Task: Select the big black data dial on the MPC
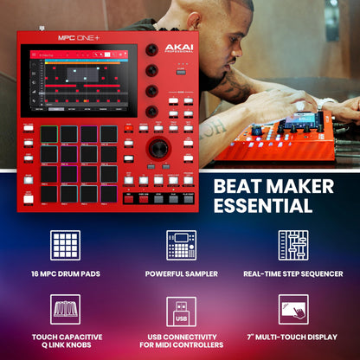158,147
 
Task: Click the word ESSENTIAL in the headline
263,206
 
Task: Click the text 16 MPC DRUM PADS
67,274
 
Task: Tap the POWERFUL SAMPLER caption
181,274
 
